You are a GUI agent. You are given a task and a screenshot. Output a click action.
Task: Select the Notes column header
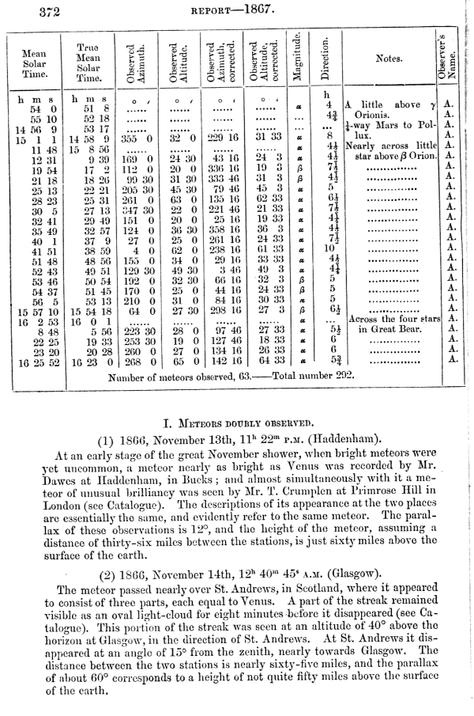pyautogui.click(x=389, y=59)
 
